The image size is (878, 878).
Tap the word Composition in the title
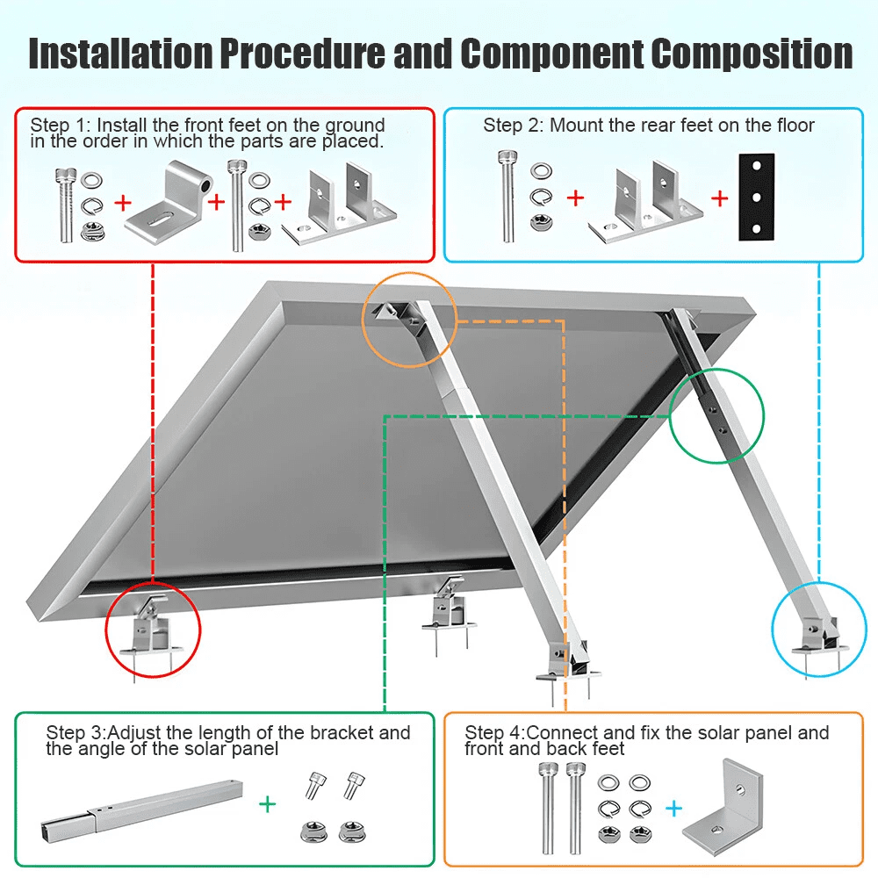[x=752, y=54]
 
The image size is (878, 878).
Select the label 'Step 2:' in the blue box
[x=514, y=125]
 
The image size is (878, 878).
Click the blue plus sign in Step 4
[x=674, y=807]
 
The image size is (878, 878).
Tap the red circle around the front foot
[x=154, y=629]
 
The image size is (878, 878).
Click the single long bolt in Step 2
[x=507, y=197]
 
